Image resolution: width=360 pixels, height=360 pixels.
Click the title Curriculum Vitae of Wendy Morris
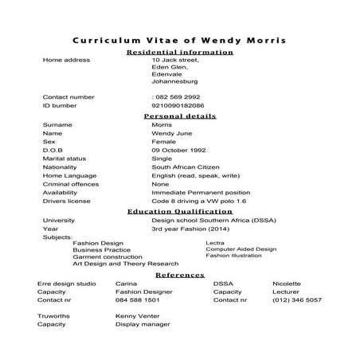179,40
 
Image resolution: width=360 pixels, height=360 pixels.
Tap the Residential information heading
180,52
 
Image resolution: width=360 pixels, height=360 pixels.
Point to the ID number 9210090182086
178,105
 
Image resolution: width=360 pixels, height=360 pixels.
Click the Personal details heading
180,115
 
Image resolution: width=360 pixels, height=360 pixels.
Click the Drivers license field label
67,202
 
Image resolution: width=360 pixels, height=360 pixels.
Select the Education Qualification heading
180,212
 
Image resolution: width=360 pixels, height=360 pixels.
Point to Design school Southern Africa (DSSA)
208,220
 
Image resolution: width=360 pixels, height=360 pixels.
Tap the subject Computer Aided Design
241,248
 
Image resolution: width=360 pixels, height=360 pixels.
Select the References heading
180,274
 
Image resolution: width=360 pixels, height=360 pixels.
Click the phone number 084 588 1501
137,300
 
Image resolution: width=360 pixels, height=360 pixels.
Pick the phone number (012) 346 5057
296,300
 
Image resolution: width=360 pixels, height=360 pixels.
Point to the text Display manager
143,325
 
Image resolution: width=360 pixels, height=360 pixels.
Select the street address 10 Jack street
175,60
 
